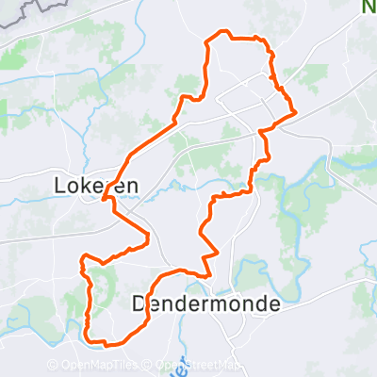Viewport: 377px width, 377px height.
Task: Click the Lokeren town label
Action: pyautogui.click(x=97, y=187)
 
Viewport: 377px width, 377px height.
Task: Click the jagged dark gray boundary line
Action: pyautogui.click(x=28, y=11)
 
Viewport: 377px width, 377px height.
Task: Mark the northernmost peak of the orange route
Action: pyautogui.click(x=224, y=32)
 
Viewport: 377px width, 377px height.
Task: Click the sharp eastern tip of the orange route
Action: pyautogui.click(x=296, y=112)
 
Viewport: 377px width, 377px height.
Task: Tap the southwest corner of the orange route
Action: pyautogui.click(x=87, y=336)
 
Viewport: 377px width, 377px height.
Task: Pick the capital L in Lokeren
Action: pyautogui.click(x=62, y=187)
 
